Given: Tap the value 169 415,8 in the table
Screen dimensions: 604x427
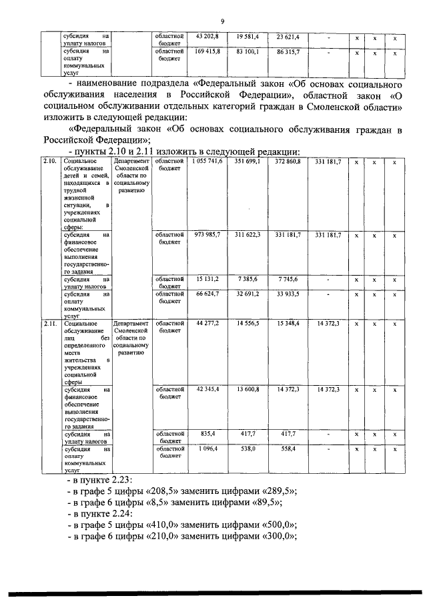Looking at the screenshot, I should (x=207, y=50).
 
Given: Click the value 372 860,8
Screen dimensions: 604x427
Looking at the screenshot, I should (x=288, y=162).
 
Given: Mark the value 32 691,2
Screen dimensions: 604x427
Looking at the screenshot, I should (x=248, y=293).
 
